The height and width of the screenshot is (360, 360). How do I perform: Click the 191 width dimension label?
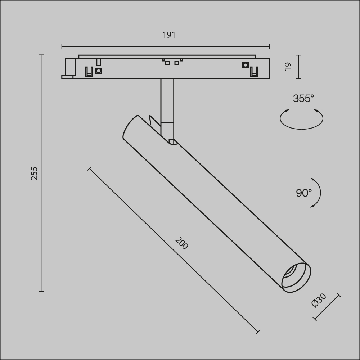pyautogui.click(x=169, y=35)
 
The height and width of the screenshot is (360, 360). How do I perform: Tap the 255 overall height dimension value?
pyautogui.click(x=34, y=173)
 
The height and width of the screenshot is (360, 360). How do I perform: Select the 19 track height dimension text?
pyautogui.click(x=288, y=67)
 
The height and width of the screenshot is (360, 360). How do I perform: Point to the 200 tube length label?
pyautogui.click(x=181, y=243)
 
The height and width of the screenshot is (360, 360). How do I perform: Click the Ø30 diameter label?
pyautogui.click(x=319, y=300)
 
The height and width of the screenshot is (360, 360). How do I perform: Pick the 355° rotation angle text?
pyautogui.click(x=303, y=99)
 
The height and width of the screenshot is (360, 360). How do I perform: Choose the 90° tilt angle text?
pyautogui.click(x=303, y=193)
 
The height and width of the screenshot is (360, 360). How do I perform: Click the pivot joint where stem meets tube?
pyautogui.click(x=172, y=141)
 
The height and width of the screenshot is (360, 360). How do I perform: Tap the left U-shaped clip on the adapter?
pyautogui.click(x=88, y=72)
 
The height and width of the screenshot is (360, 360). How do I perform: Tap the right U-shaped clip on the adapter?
pyautogui.click(x=254, y=72)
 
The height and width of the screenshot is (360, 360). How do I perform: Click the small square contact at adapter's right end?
pyautogui.click(x=246, y=65)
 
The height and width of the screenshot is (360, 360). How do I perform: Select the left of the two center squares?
pyautogui.click(x=167, y=63)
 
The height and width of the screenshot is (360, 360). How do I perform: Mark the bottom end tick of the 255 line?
pyautogui.click(x=41, y=291)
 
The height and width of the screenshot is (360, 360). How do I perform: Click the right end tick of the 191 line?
pyautogui.click(x=269, y=46)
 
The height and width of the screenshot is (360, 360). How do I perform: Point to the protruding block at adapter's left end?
pyautogui.click(x=70, y=67)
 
